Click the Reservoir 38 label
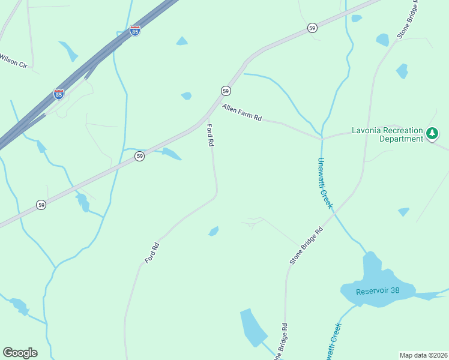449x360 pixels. [377, 291]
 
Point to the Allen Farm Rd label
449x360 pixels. [243, 112]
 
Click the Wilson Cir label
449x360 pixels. [13, 61]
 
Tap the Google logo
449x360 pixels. [20, 353]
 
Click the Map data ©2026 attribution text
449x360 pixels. [423, 355]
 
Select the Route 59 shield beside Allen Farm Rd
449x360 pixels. [225, 91]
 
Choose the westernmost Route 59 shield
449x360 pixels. [40, 204]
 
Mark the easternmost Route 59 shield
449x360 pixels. [312, 28]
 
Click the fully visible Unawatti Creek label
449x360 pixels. [324, 182]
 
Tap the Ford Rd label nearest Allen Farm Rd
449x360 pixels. [211, 135]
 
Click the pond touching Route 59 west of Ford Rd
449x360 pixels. [171, 154]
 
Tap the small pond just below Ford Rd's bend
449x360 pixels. [213, 231]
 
